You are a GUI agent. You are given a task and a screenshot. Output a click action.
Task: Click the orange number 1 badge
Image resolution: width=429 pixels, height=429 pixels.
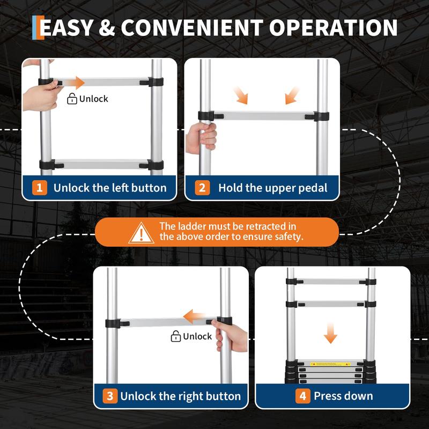coord(39,188)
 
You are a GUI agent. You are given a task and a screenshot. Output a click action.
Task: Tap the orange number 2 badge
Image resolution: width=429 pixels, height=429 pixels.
coord(202,188)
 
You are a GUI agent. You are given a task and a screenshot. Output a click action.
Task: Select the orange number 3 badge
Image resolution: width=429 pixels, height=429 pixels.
coord(110,396)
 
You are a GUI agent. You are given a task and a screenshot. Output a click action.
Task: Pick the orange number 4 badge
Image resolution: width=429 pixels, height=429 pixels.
coord(302,396)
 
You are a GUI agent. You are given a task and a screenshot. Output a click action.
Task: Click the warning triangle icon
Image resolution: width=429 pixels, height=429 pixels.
coord(141,233)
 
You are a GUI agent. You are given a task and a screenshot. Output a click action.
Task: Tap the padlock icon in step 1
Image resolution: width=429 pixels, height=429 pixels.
coord(72,99)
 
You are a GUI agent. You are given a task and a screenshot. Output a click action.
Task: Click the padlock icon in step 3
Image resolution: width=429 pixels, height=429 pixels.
coord(176,336)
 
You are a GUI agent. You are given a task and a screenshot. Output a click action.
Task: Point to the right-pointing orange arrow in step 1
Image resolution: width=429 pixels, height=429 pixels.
coord(72,83)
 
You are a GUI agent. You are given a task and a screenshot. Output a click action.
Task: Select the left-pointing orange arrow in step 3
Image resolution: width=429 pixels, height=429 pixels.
coord(194,316)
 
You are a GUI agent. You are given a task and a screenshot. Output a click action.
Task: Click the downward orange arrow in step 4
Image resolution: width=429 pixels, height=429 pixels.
coord(330,333)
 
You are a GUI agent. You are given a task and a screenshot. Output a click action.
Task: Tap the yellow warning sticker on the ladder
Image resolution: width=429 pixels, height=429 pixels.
coord(330,364)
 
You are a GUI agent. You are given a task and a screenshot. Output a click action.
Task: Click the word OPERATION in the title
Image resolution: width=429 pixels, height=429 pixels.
coord(333,28)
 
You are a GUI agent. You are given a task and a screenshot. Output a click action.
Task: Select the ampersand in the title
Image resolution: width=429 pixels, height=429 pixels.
coord(107,28)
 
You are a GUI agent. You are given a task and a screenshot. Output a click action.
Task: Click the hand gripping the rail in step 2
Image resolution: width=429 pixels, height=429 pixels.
coord(201,138)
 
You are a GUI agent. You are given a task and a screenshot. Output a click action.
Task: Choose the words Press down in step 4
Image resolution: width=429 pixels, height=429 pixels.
coord(343,396)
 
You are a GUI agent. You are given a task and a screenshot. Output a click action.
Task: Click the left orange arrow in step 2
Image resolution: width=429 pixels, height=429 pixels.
coord(241,95)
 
